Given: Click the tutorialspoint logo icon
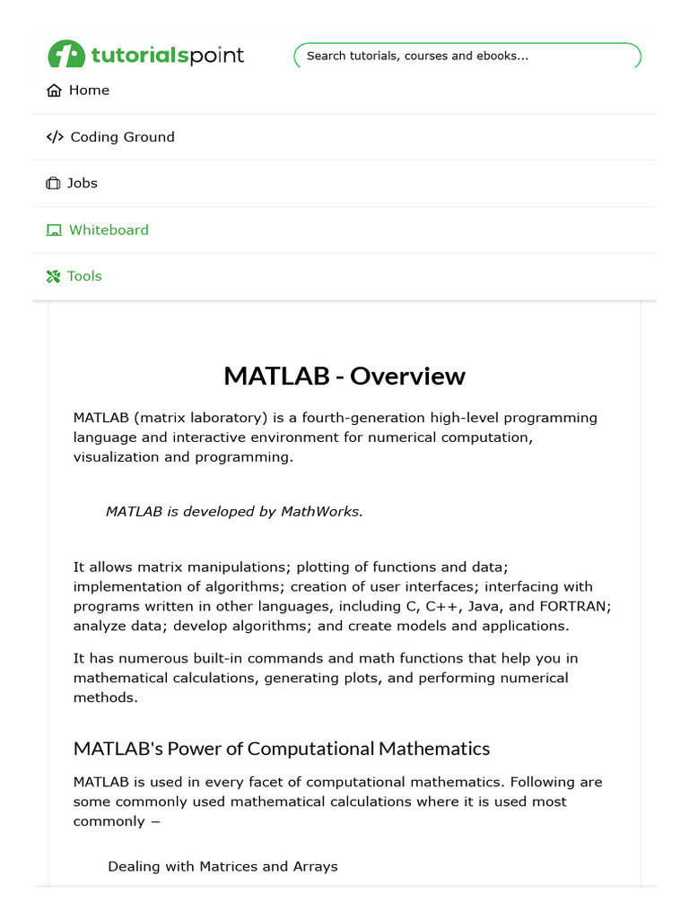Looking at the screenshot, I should pyautogui.click(x=67, y=55).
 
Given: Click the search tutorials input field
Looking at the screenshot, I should pyautogui.click(x=467, y=56).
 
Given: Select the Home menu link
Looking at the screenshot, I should pyautogui.click(x=89, y=91).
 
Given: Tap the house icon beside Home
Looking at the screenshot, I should pyautogui.click(x=55, y=91).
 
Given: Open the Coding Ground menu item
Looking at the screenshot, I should pyautogui.click(x=122, y=137).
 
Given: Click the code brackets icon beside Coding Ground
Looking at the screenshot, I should pyautogui.click(x=55, y=137).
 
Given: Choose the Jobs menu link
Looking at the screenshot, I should pyautogui.click(x=83, y=183).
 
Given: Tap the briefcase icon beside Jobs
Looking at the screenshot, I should pyautogui.click(x=53, y=184).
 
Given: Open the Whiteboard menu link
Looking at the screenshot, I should pyautogui.click(x=109, y=229).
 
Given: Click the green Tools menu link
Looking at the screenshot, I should pyautogui.click(x=84, y=276).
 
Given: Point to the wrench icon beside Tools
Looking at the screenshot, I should pyautogui.click(x=53, y=276).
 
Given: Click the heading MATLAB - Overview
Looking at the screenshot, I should pyautogui.click(x=344, y=376).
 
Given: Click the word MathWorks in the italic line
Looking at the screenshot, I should pyautogui.click(x=321, y=512).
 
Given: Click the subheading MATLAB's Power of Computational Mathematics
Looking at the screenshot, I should pyautogui.click(x=282, y=749).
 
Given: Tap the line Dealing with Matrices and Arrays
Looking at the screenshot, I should pyautogui.click(x=222, y=866).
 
